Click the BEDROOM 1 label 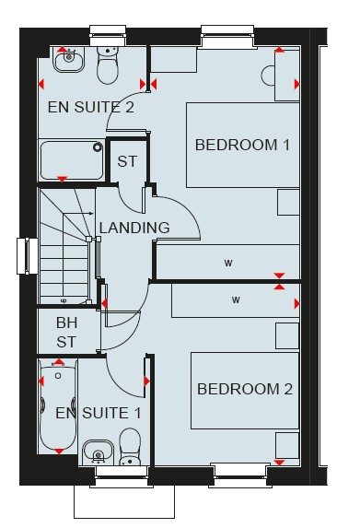[x=242, y=146]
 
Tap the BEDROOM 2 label [x=245, y=389]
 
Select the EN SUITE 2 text [x=91, y=107]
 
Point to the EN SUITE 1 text [x=99, y=413]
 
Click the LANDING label [x=134, y=228]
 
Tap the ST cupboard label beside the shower [x=127, y=161]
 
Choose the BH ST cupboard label [x=66, y=332]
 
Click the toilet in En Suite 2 [x=108, y=65]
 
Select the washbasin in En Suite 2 [x=69, y=60]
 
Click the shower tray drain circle [x=98, y=147]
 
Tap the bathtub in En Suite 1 [x=57, y=406]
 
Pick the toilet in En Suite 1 [x=130, y=447]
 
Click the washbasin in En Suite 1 [x=98, y=453]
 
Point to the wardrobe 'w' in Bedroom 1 [x=228, y=263]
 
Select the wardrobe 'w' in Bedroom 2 [x=236, y=299]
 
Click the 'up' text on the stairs [x=63, y=300]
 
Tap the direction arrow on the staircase [x=78, y=213]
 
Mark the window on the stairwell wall [x=28, y=256]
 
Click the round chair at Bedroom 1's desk [x=268, y=76]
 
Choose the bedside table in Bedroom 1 [x=288, y=203]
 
